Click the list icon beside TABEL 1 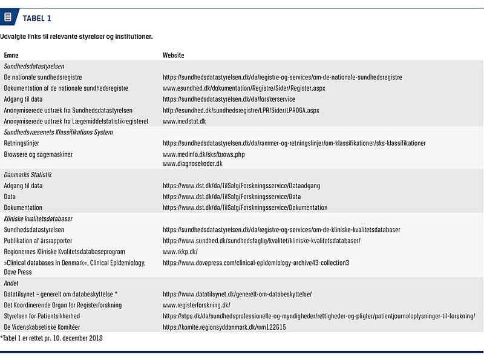(x=8, y=18)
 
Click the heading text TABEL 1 (x=37, y=18)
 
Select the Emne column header (x=11, y=55)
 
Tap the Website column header (x=173, y=55)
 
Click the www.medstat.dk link (x=184, y=121)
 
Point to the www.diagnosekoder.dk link (x=192, y=163)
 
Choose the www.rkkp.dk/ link (x=180, y=251)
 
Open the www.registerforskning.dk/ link (x=196, y=305)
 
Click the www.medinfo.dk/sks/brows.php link (x=203, y=154)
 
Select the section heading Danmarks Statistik (x=28, y=175)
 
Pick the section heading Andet (x=11, y=283)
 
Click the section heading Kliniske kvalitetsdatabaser (x=38, y=218)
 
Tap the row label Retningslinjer (x=21, y=143)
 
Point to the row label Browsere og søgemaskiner (x=38, y=154)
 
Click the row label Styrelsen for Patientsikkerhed (x=42, y=316)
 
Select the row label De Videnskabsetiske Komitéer (x=42, y=327)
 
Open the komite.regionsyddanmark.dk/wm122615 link (x=224, y=327)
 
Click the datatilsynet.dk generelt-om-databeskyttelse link (x=237, y=294)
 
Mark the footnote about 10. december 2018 (x=51, y=338)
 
